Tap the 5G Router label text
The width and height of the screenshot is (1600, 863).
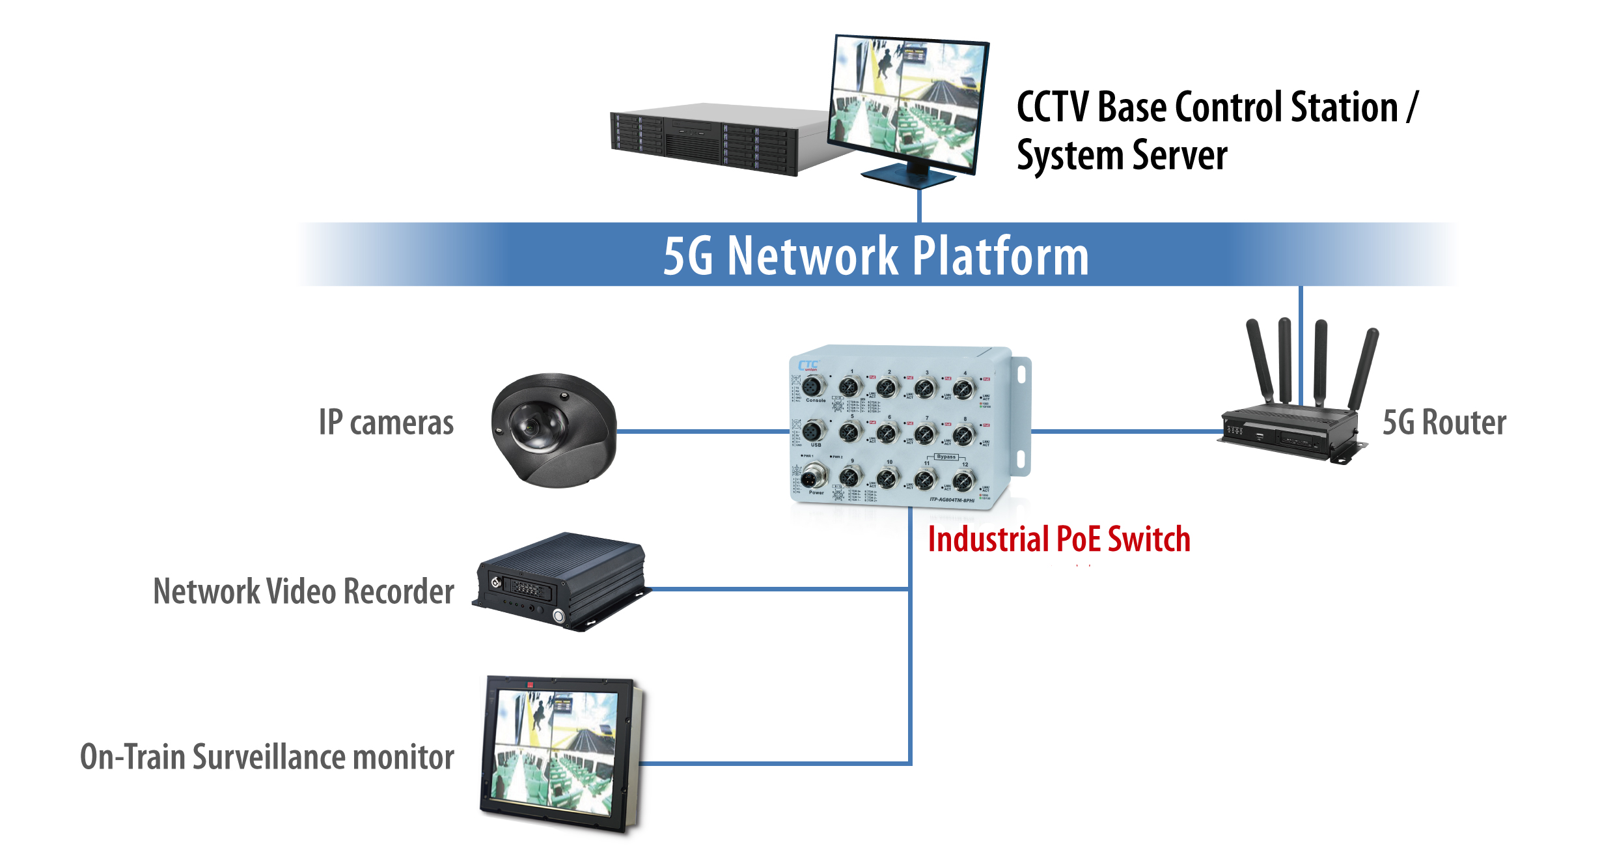point(1444,423)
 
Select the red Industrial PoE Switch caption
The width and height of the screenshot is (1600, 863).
point(1058,540)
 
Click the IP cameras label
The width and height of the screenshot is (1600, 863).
point(386,423)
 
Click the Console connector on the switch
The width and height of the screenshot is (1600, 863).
point(813,387)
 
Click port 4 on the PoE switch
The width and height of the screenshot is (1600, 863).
point(964,389)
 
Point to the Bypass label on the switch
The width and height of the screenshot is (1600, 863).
point(946,457)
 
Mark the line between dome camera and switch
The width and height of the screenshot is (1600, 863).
point(703,431)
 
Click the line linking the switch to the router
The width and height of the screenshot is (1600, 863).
point(1126,431)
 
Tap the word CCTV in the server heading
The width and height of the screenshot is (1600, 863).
point(1053,107)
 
